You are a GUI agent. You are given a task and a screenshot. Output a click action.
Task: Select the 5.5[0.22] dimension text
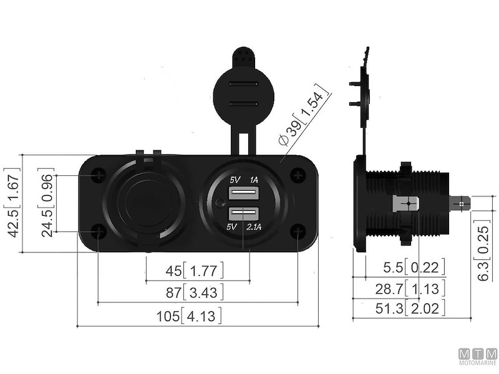click(x=415, y=268)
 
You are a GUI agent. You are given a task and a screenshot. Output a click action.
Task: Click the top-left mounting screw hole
click(x=99, y=176)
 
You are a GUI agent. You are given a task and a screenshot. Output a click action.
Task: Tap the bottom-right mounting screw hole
click(x=298, y=232)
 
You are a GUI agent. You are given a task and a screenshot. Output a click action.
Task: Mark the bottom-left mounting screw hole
click(x=99, y=232)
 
